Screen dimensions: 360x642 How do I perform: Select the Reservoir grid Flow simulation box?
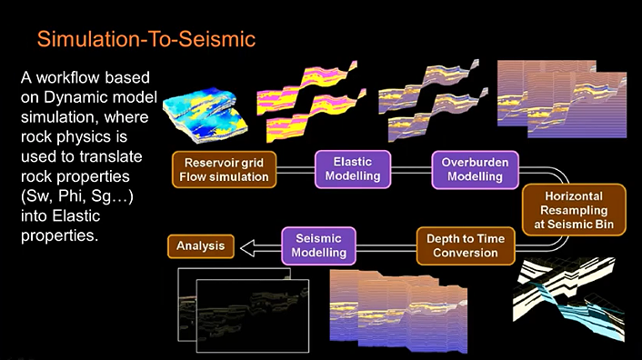(x=223, y=170)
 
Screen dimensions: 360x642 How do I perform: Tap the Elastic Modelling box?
(x=354, y=170)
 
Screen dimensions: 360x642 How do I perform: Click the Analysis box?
(x=201, y=245)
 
